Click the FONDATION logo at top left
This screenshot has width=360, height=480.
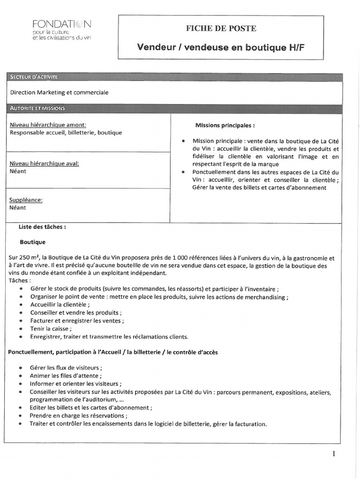tap(62, 30)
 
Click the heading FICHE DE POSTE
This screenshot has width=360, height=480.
tap(221, 29)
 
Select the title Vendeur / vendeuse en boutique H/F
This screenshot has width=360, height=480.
tap(224, 48)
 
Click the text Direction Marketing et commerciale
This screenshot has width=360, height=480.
tap(59, 92)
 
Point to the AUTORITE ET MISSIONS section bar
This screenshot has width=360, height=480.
tap(37, 108)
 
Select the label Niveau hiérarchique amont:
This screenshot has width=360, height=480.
tap(48, 125)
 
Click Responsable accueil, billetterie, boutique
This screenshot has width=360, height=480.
tap(66, 133)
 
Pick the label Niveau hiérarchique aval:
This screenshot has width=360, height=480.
tap(44, 163)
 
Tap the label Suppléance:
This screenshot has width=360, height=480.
tap(26, 200)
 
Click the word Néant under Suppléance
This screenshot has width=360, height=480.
tap(18, 208)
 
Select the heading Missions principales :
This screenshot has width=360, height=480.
tap(225, 126)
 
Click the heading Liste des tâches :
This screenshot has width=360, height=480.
tap(42, 226)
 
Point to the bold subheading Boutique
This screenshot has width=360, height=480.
tap(33, 242)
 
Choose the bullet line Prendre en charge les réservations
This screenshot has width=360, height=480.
tap(78, 415)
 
